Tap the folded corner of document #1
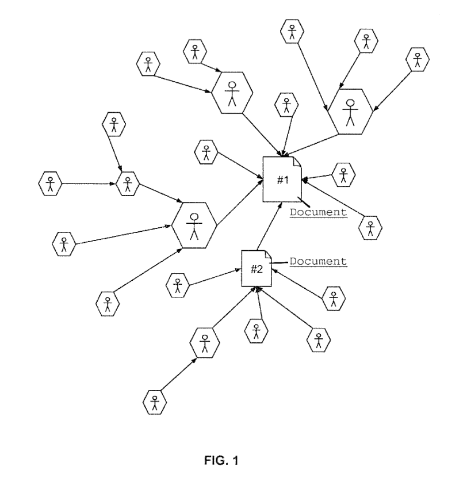(297, 161)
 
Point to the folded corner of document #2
(267, 254)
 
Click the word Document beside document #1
(318, 212)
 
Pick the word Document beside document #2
(318, 261)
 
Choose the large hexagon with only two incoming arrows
(232, 93)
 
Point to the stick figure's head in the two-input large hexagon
(232, 86)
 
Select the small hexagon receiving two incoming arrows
(128, 183)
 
